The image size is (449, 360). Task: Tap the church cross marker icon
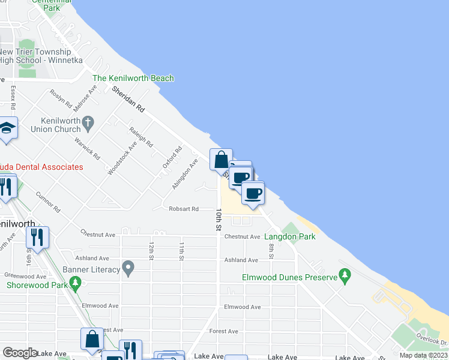pos(88,124)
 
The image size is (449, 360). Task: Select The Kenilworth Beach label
pos(133,78)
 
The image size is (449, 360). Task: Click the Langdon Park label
pos(290,236)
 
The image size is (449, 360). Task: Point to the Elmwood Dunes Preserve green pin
pos(345,275)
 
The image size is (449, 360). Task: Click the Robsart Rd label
pos(184,209)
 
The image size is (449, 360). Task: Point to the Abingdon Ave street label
pos(185,175)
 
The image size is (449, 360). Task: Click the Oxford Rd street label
pos(172,158)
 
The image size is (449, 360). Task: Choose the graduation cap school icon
pos(7,128)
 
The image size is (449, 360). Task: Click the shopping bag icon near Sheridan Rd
pos(221,160)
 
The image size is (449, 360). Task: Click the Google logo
pos(20,353)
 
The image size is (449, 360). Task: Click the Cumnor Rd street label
pos(48,203)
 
